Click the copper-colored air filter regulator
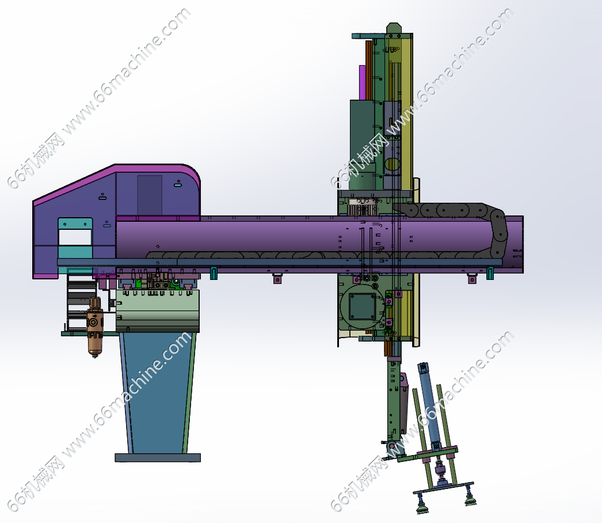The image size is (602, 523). point(94,327)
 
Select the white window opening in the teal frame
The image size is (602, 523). point(75,237)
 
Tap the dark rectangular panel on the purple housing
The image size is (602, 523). point(150,195)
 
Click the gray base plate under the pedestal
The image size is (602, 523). point(158,457)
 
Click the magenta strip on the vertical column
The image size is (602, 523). point(362,82)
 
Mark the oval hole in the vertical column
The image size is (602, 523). point(393,165)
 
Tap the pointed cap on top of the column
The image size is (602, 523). point(394,28)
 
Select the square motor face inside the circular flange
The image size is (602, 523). point(363,306)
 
